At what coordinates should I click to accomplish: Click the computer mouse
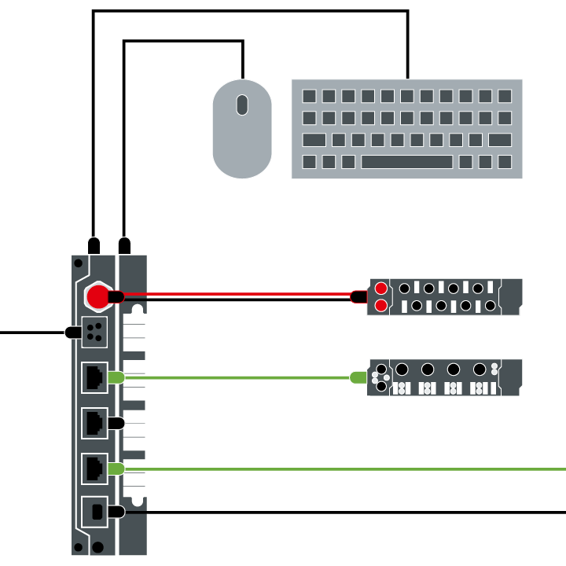tap(242, 130)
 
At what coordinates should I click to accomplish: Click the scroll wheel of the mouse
tap(242, 105)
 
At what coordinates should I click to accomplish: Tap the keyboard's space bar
tap(406, 162)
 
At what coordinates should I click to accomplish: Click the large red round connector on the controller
tap(97, 296)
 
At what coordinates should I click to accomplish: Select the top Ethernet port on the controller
tap(94, 377)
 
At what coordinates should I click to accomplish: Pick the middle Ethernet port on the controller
tap(94, 423)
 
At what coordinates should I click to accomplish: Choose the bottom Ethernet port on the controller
tap(94, 469)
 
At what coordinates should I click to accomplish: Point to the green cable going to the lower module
tap(236, 377)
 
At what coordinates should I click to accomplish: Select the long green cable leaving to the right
tap(354, 469)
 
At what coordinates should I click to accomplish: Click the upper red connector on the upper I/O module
tap(381, 289)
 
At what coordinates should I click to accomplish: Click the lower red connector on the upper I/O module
tap(381, 305)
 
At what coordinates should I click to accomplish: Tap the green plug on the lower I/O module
tap(358, 377)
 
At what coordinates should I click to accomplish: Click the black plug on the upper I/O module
tap(358, 297)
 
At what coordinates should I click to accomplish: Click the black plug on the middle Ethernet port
tap(116, 423)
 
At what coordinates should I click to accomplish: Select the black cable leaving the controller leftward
tap(31, 333)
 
